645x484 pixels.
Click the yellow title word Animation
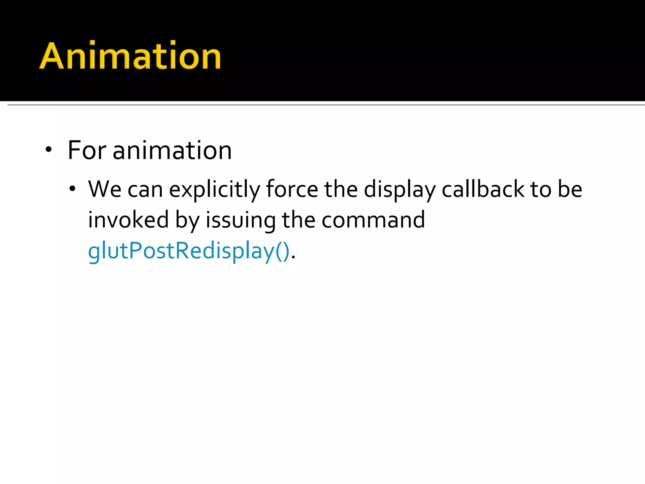click(x=130, y=56)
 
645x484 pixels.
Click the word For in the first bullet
click(x=87, y=150)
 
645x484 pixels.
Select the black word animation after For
click(x=172, y=150)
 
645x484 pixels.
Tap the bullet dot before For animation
click(x=48, y=150)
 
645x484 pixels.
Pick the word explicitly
click(x=214, y=190)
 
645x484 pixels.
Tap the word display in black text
click(x=400, y=190)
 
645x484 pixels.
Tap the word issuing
click(x=241, y=221)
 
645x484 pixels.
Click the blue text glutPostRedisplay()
click(x=188, y=251)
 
